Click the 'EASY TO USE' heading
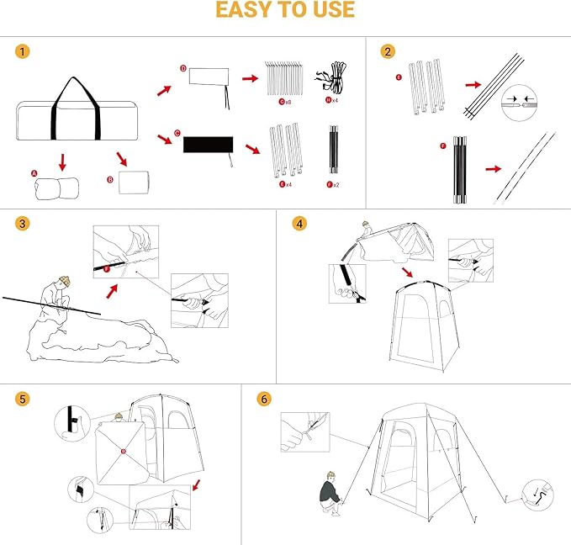coord(285,11)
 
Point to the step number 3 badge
coord(23,224)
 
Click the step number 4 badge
coord(299,224)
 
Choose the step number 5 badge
coord(23,398)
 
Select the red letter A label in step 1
coord(34,173)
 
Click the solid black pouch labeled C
coord(208,144)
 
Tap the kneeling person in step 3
coord(60,299)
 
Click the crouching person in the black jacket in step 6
coord(330,497)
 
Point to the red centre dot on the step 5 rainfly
coord(124,452)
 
